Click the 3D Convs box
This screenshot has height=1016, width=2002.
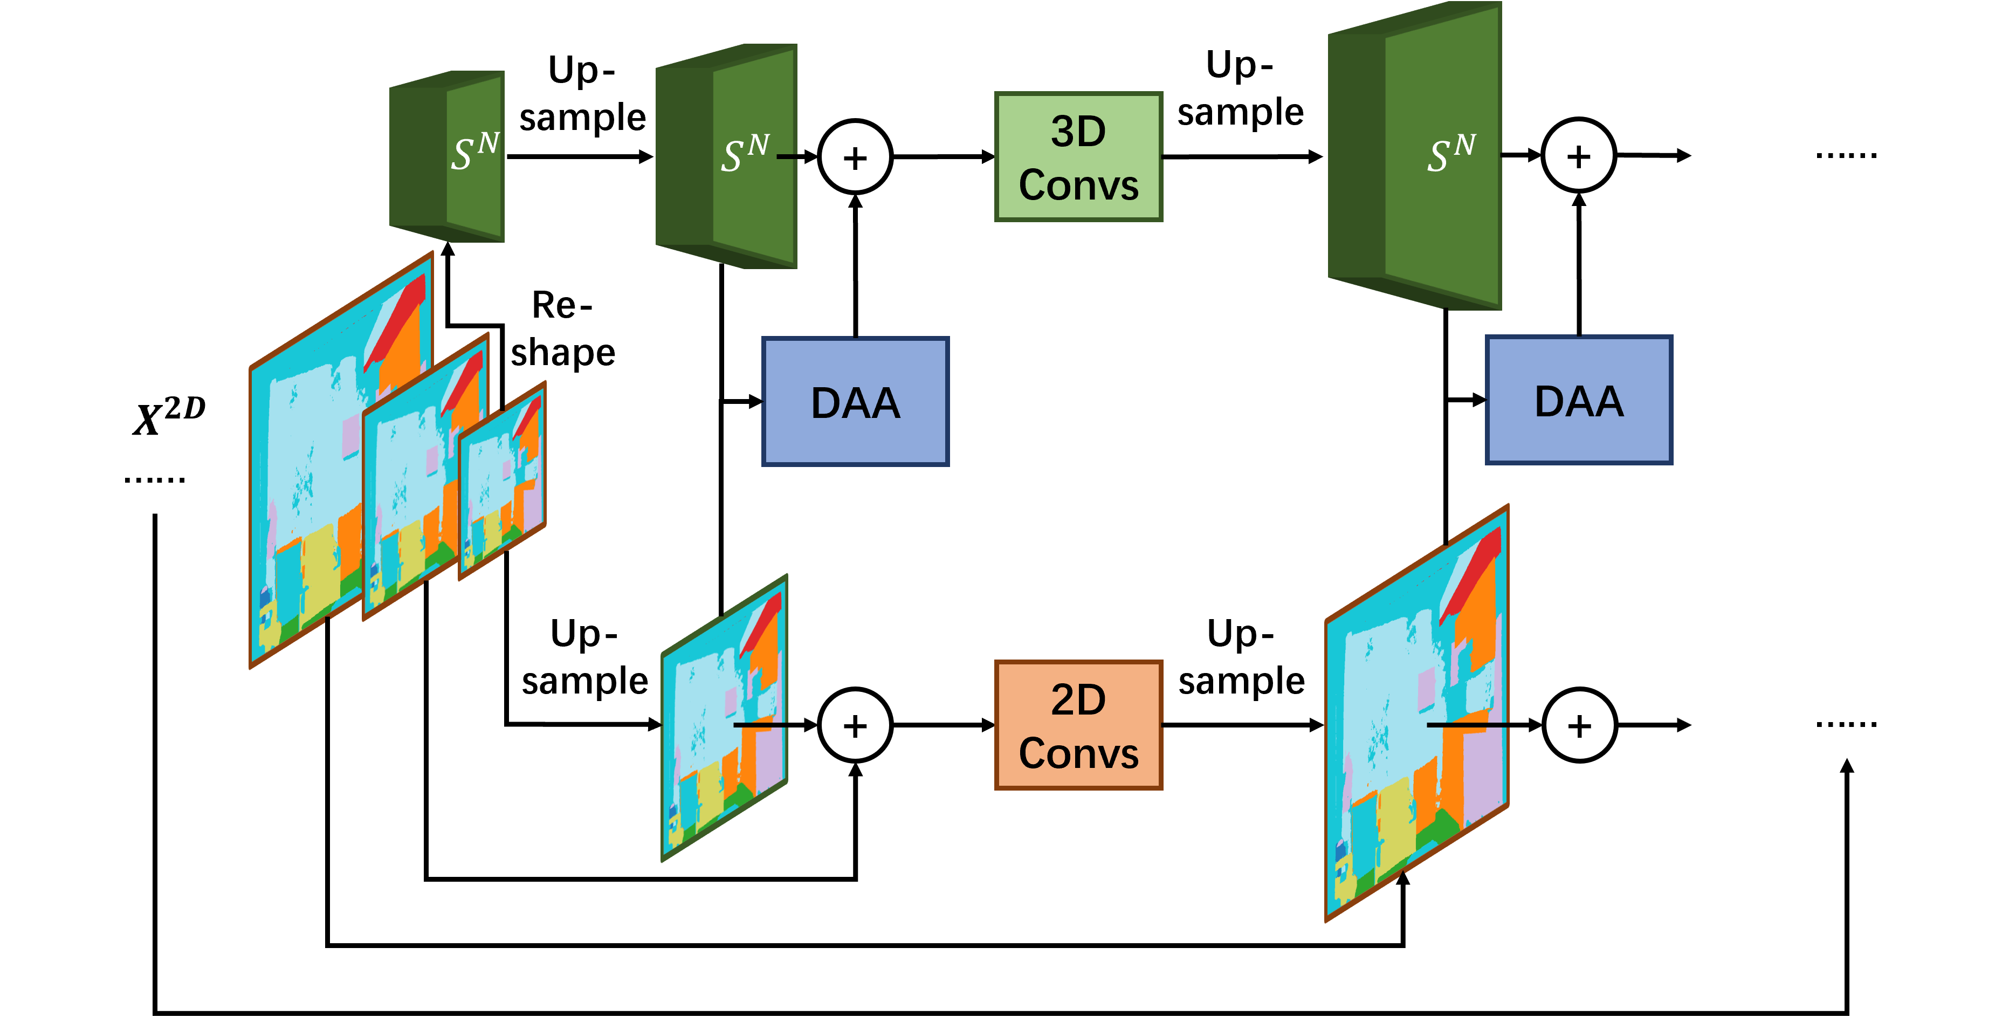1078,157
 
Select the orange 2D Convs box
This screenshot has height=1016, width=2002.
1078,725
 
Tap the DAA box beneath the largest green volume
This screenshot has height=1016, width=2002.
1578,400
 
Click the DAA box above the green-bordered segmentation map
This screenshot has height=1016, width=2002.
855,401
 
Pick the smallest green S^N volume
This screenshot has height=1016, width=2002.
447,157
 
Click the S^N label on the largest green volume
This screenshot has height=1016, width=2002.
1450,153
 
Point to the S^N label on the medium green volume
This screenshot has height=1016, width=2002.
745,153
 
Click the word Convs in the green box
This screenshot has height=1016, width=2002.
1078,185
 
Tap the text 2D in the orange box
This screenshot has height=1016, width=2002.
1078,699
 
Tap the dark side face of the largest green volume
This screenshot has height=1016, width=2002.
1356,155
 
